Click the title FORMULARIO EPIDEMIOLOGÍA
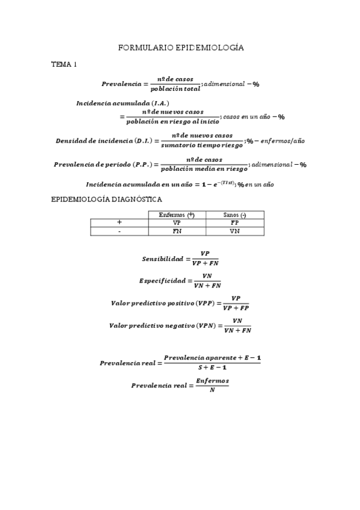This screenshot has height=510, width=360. pos(180,46)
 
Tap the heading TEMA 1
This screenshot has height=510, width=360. pos(64,64)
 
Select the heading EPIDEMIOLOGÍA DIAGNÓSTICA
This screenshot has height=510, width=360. pos(106,199)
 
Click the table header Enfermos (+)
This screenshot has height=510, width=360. pos(177,215)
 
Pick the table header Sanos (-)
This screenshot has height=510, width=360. pos(234,215)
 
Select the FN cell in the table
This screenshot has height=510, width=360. pos(177,231)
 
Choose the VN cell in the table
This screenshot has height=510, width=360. pos(234,231)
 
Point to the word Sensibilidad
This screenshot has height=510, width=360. pos(162,259)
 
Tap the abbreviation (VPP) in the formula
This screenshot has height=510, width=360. pos(205,303)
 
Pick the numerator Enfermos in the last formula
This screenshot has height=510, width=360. pos(212,381)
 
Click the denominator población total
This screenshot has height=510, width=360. pos(175,89)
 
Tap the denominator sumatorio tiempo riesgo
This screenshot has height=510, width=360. pos(202,145)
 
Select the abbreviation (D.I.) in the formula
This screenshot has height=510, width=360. pos(141,141)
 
